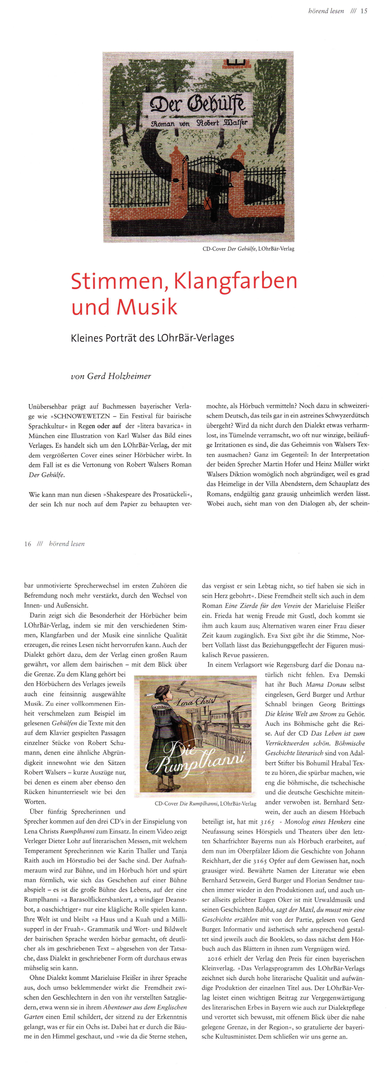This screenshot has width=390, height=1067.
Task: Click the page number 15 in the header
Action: click(x=364, y=11)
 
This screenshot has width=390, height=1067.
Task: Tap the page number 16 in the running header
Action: click(x=27, y=544)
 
